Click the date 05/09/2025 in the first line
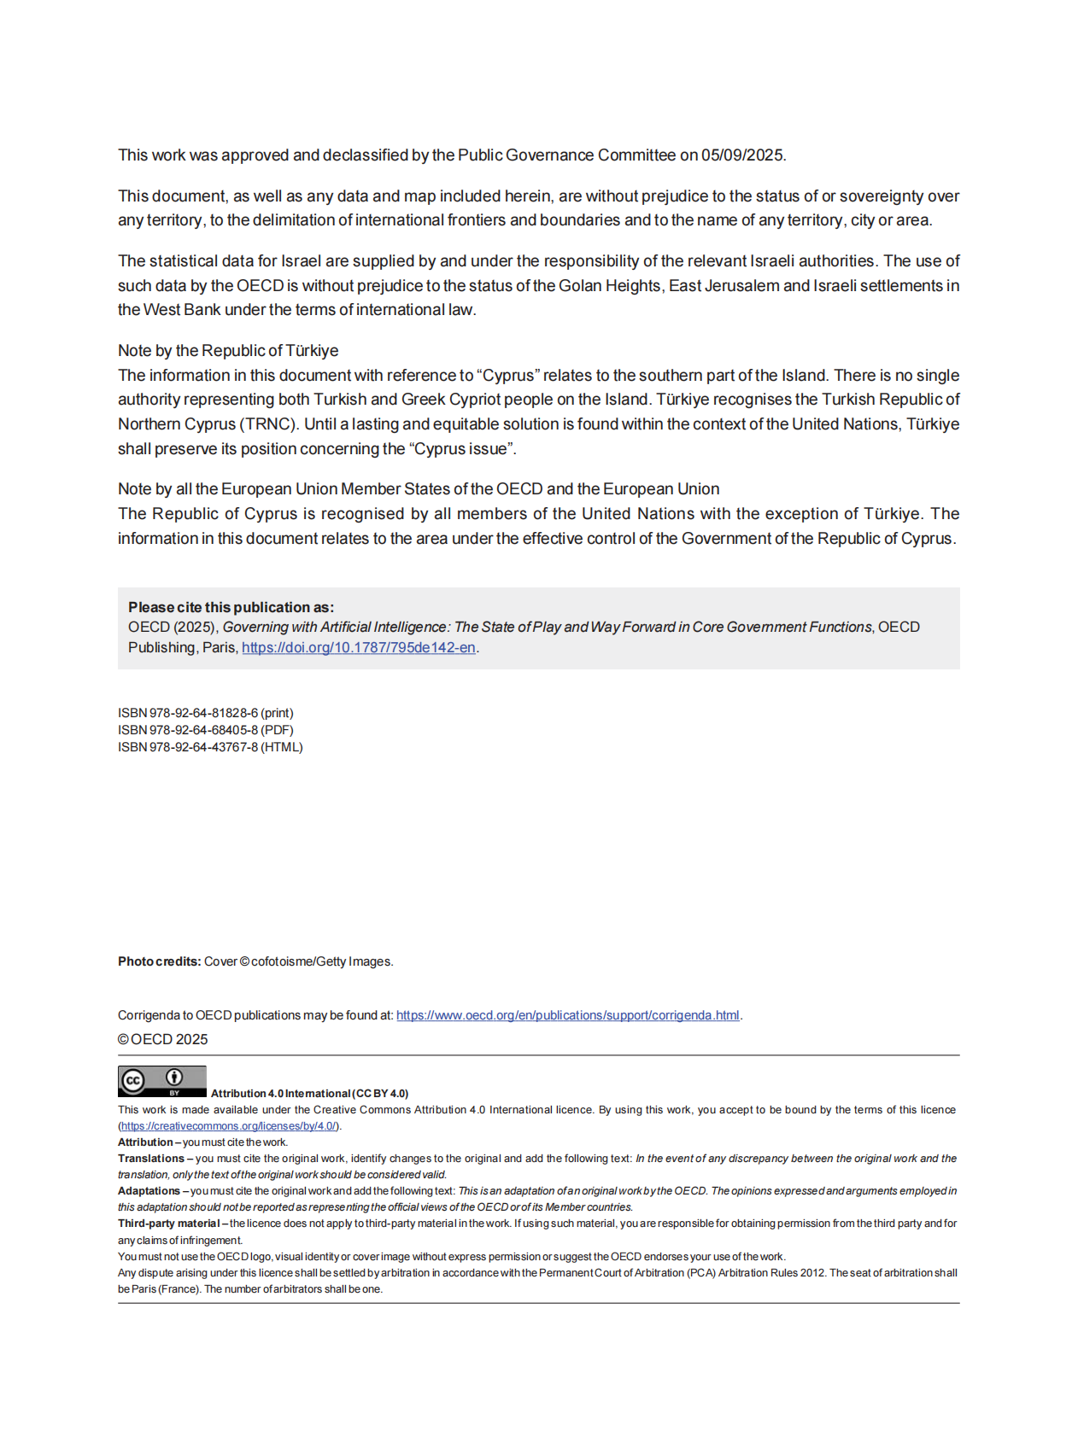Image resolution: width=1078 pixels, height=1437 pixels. [741, 155]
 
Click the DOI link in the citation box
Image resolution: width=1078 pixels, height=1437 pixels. [358, 648]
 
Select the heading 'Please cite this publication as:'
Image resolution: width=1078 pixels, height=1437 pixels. [231, 607]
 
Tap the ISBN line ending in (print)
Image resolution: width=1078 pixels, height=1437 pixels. [205, 713]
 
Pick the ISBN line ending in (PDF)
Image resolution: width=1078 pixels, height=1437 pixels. [205, 730]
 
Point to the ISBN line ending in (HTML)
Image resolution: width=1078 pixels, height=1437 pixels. [210, 747]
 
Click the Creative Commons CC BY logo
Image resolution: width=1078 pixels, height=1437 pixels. [161, 1081]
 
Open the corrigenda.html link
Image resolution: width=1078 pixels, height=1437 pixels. [567, 1015]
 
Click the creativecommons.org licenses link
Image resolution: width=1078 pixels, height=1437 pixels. [228, 1126]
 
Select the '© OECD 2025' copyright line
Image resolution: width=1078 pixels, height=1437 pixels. [162, 1039]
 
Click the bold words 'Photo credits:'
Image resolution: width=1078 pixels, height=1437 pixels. [159, 961]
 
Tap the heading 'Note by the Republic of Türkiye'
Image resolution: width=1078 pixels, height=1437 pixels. [228, 351]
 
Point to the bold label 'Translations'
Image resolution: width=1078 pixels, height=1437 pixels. [151, 1159]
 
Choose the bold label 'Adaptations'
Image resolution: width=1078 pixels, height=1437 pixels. [149, 1191]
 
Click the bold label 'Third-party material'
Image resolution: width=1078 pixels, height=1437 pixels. [168, 1224]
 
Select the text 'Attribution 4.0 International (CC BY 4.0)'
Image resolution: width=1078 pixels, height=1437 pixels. [309, 1094]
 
